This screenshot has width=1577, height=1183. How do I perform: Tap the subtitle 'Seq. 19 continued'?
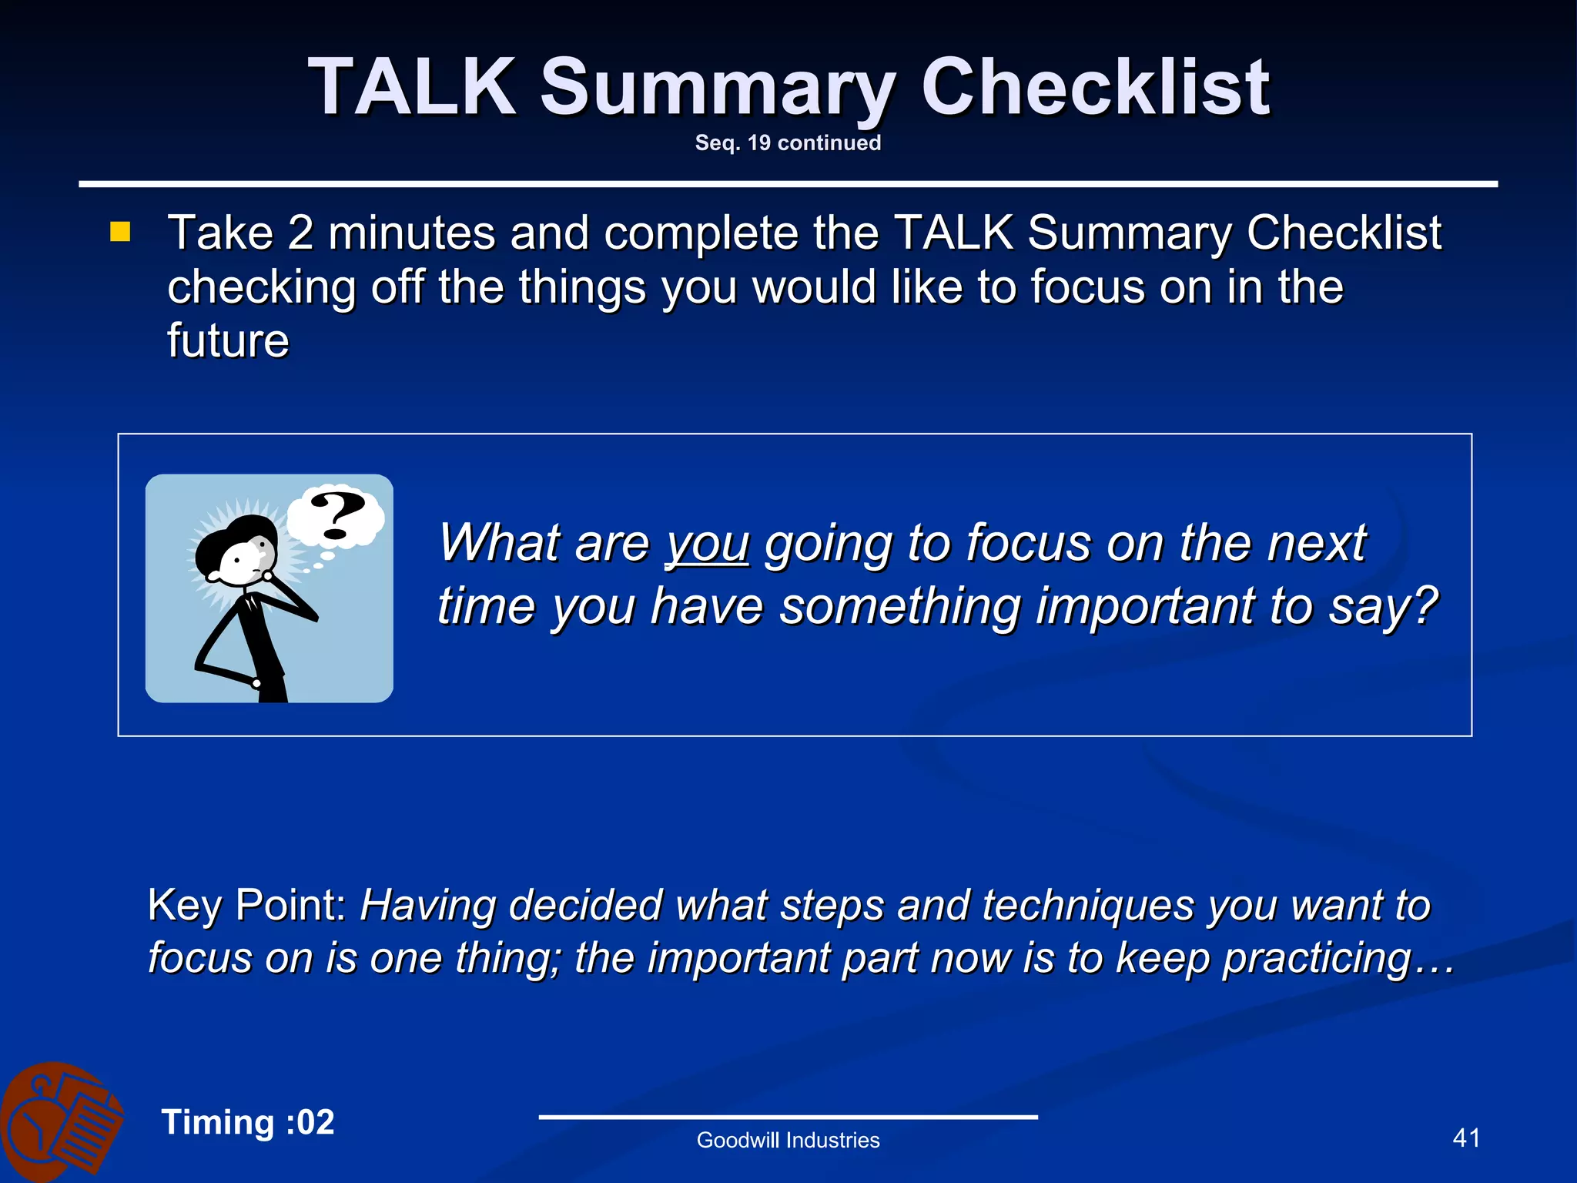(788, 143)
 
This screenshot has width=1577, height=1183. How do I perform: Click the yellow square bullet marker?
(120, 232)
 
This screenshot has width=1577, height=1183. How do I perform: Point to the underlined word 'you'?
(707, 544)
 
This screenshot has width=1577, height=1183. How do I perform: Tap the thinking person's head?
(239, 551)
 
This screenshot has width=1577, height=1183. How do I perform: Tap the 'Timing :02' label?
(248, 1122)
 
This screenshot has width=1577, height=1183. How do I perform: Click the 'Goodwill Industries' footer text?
(788, 1140)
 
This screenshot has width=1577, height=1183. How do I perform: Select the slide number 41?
(1465, 1138)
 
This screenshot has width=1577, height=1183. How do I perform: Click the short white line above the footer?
(788, 1117)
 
